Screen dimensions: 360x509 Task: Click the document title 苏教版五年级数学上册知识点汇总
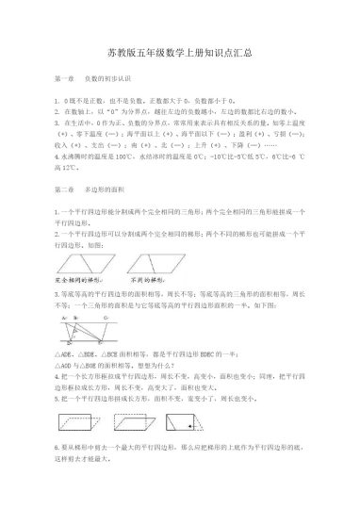[x=180, y=56]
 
